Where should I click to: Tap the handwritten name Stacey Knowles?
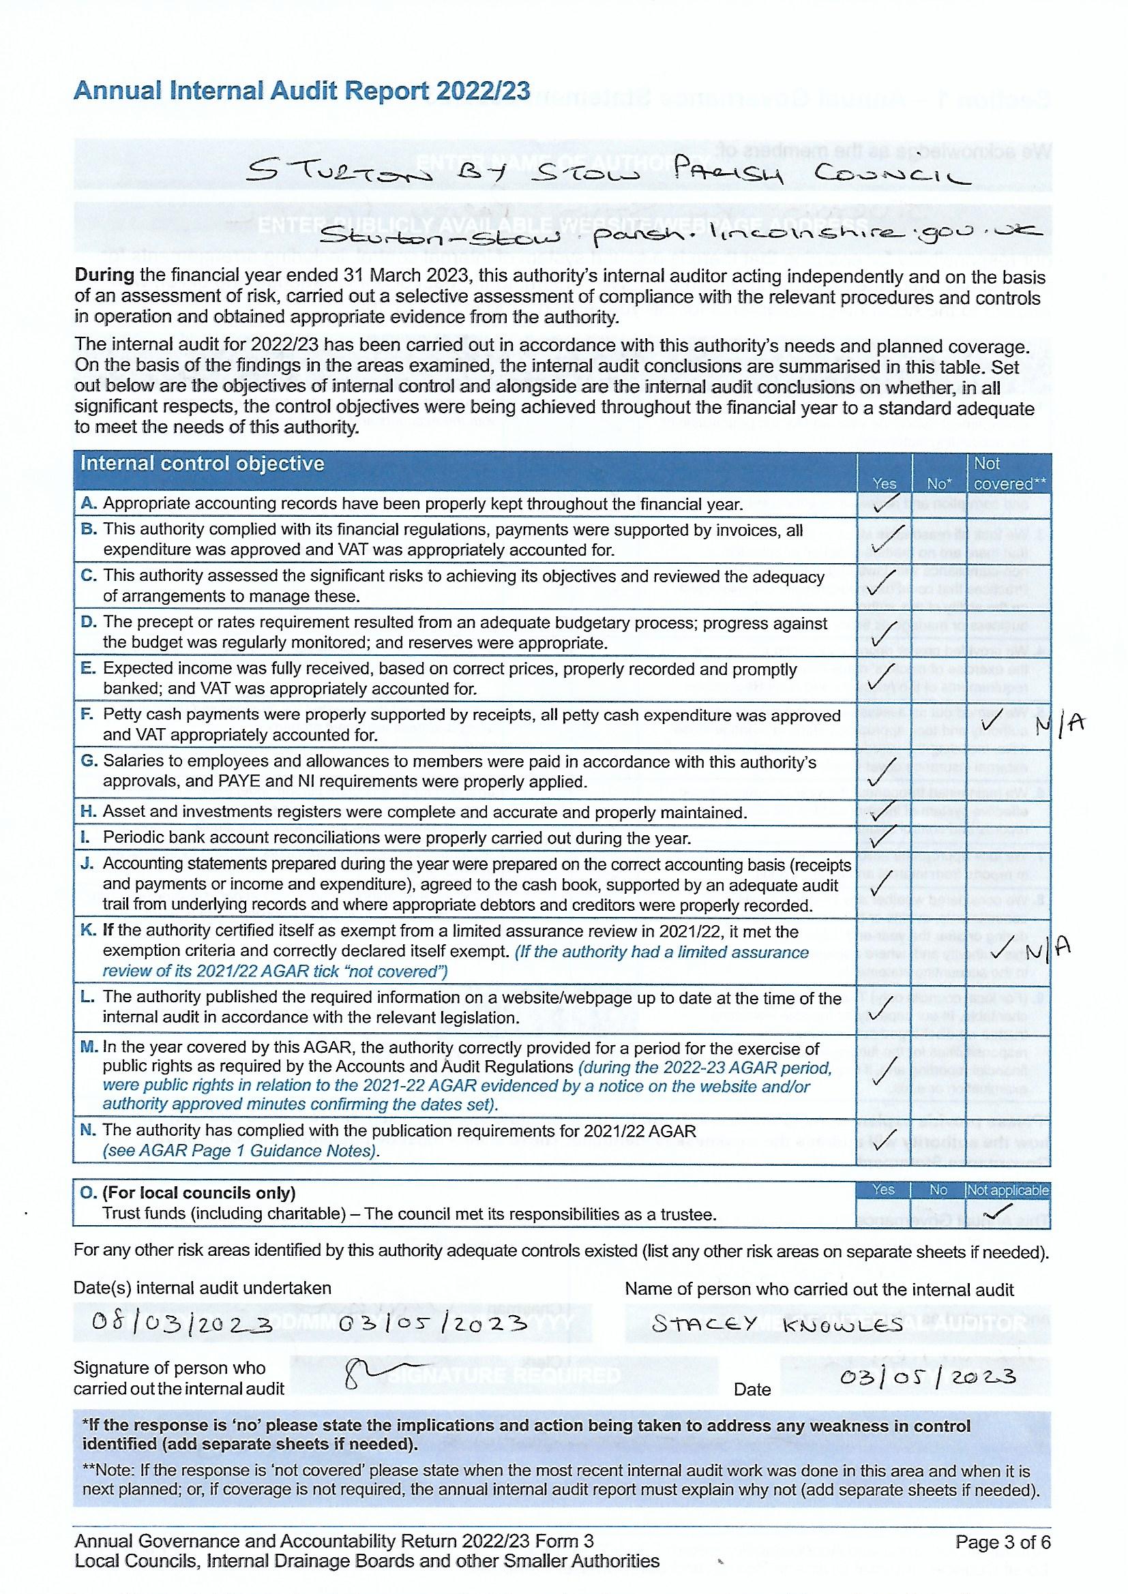tap(777, 1324)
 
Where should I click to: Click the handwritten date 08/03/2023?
tap(183, 1325)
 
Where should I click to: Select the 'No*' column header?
tap(938, 483)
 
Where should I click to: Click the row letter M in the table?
tap(89, 1049)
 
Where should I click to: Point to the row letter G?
tap(89, 762)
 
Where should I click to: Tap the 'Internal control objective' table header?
tap(202, 464)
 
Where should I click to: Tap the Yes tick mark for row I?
tap(882, 839)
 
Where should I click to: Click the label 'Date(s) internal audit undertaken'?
tap(203, 1288)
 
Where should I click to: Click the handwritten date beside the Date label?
tap(928, 1377)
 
